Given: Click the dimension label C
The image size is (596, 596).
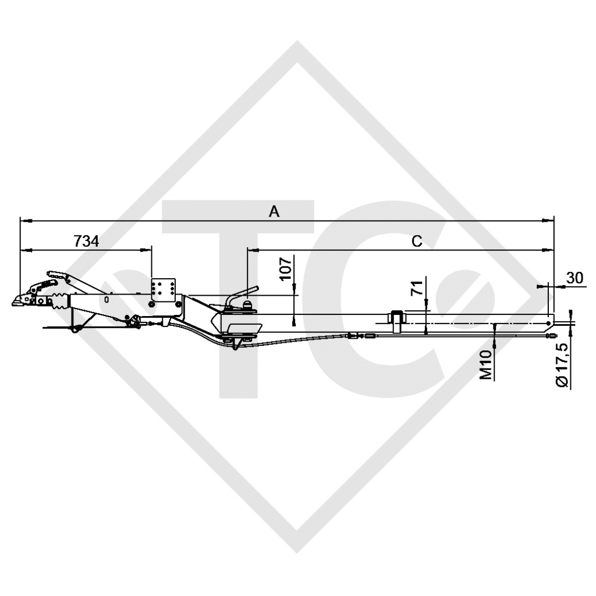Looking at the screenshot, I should click(417, 241).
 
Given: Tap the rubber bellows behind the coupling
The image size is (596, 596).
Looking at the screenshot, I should click(59, 303).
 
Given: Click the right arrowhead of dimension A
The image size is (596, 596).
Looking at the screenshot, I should click(550, 221).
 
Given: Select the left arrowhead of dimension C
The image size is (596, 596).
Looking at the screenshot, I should click(250, 250).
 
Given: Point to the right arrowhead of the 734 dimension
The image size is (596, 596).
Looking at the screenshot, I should click(148, 250).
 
